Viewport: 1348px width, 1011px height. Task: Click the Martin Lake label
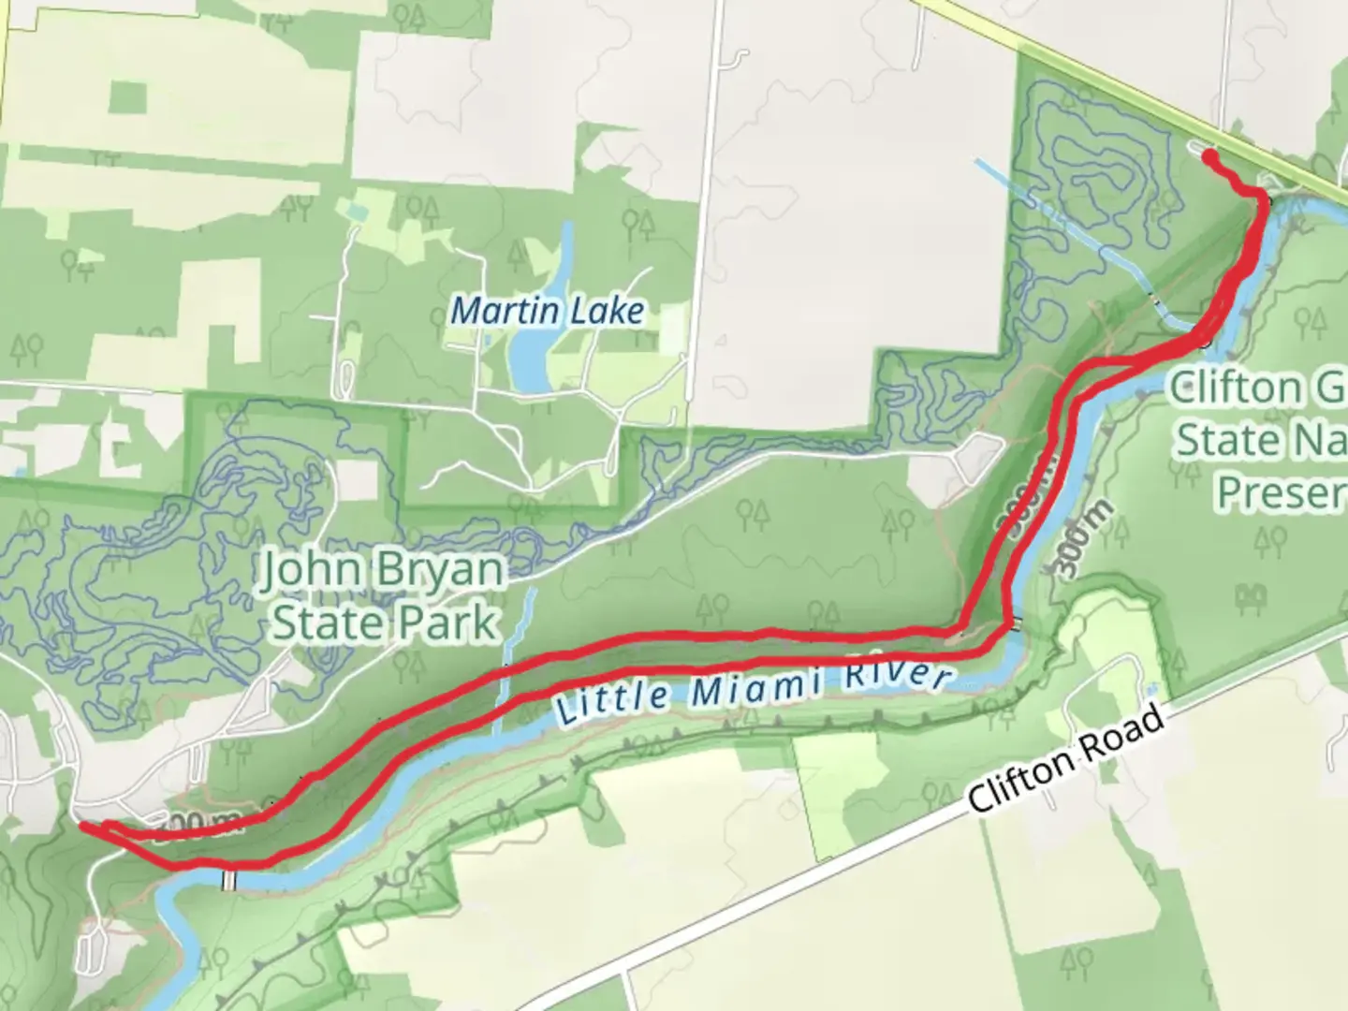click(548, 310)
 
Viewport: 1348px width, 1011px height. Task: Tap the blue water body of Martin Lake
click(530, 360)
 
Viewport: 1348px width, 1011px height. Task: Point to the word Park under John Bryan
click(450, 623)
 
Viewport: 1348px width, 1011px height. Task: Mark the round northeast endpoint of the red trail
click(1209, 156)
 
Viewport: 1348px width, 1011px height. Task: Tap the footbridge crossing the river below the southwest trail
click(229, 880)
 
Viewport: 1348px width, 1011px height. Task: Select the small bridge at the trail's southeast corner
click(1016, 624)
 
